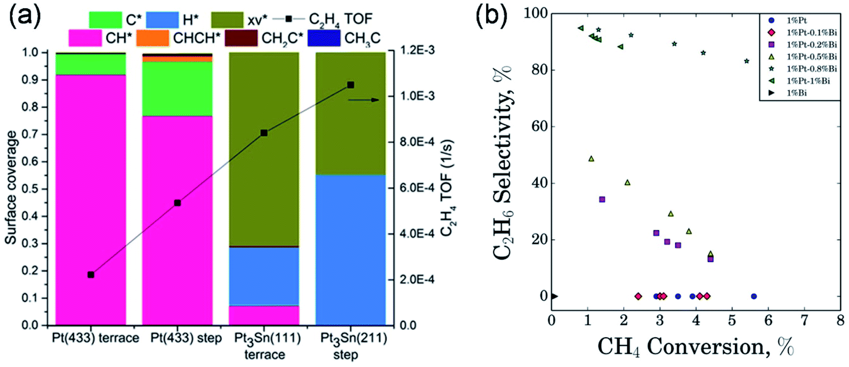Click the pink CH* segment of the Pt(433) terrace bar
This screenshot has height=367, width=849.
click(90, 200)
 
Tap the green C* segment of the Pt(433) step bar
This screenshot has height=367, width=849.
click(177, 89)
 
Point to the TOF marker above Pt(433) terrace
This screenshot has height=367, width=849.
click(91, 275)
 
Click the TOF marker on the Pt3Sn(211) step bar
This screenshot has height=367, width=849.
click(351, 85)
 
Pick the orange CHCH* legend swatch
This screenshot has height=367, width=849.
click(152, 38)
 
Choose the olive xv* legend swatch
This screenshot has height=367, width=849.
click(227, 20)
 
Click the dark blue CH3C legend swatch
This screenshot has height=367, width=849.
click(323, 38)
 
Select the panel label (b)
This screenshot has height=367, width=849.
click(492, 16)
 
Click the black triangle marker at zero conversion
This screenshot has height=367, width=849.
click(554, 296)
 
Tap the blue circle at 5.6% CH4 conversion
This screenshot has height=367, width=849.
click(754, 296)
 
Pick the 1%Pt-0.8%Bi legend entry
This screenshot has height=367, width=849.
click(811, 69)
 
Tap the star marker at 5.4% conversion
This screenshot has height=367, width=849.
click(746, 61)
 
